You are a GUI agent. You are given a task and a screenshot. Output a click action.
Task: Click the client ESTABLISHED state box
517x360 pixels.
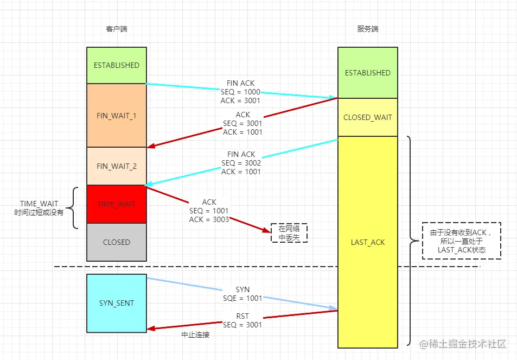pyautogui.click(x=116, y=65)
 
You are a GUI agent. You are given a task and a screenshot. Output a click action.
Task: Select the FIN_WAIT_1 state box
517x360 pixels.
pyautogui.click(x=116, y=116)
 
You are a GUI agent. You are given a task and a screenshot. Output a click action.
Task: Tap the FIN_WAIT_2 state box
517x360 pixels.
pyautogui.click(x=116, y=166)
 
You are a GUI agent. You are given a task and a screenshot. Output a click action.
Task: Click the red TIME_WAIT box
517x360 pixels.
pyautogui.click(x=116, y=204)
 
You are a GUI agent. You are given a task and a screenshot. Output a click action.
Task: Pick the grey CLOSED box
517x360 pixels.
pyautogui.click(x=116, y=242)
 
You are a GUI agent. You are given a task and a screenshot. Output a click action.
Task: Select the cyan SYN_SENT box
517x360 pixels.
pyautogui.click(x=116, y=303)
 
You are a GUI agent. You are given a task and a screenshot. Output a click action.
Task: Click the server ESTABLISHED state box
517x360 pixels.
pyautogui.click(x=367, y=73)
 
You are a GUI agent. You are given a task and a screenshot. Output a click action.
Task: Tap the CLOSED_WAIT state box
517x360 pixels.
pyautogui.click(x=367, y=117)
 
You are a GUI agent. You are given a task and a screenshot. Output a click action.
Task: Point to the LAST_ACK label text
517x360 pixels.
pyautogui.click(x=367, y=242)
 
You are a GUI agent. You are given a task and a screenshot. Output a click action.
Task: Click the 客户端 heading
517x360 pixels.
pyautogui.click(x=117, y=29)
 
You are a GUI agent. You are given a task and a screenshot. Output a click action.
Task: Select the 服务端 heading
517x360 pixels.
pyautogui.click(x=367, y=29)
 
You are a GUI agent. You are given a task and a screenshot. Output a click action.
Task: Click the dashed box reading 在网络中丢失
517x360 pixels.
pyautogui.click(x=289, y=232)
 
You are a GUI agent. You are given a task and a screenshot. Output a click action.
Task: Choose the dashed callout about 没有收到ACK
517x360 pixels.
pyautogui.click(x=461, y=241)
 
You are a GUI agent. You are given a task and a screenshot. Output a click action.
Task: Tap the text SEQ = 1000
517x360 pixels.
pyautogui.click(x=240, y=92)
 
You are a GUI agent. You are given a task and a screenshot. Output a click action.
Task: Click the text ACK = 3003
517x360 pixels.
pyautogui.click(x=209, y=219)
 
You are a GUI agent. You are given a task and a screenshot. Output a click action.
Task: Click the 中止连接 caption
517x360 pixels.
pyautogui.click(x=195, y=335)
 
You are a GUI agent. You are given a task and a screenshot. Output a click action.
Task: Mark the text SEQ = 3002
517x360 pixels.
pyautogui.click(x=241, y=163)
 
